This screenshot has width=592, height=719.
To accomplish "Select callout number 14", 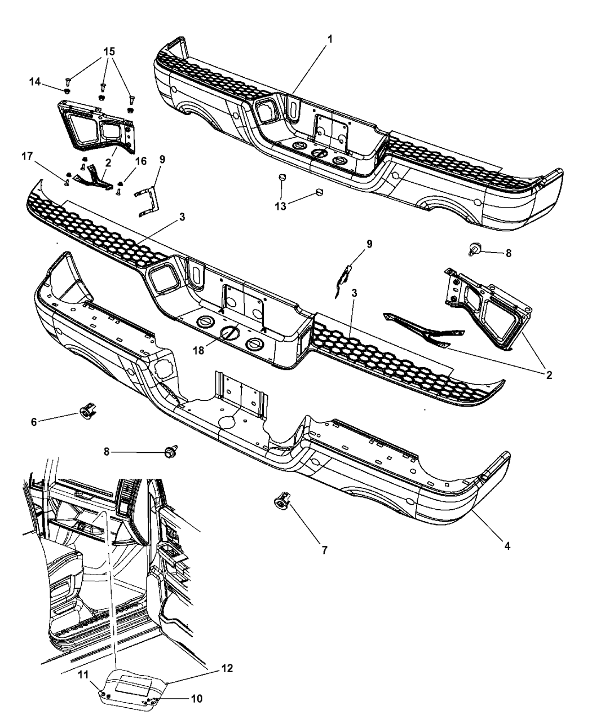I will (x=34, y=82).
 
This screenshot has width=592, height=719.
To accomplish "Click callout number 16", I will (x=141, y=161).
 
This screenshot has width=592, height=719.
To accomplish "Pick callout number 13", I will (x=280, y=206).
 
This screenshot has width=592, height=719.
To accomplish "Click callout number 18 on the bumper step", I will (x=198, y=350).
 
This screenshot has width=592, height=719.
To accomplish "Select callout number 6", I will (x=33, y=421).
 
